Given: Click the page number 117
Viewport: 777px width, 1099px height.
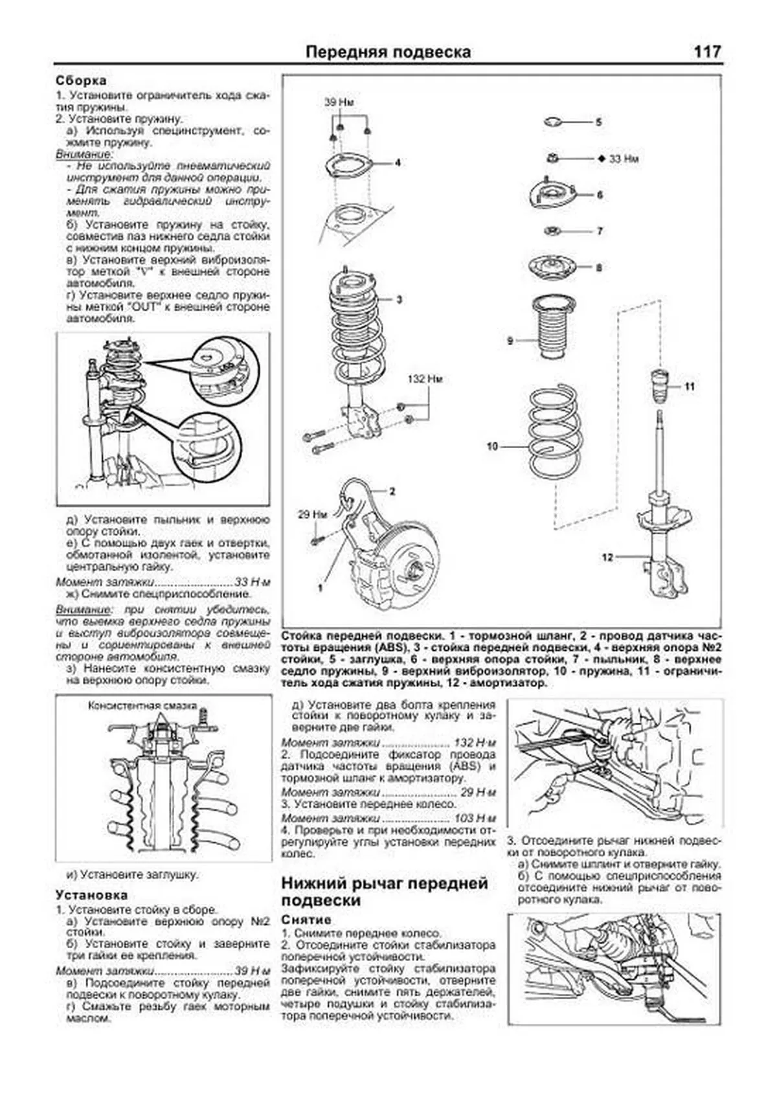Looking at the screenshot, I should [x=707, y=52].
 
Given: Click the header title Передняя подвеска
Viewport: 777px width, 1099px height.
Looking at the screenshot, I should [x=388, y=52].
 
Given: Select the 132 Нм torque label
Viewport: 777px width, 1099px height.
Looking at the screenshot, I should [x=425, y=378].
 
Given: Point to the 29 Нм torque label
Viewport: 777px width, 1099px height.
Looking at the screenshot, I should [x=313, y=514].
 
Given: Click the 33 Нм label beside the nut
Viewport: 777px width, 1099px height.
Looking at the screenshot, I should [x=624, y=158].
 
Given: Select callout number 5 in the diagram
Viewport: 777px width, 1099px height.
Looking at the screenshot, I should [x=598, y=122].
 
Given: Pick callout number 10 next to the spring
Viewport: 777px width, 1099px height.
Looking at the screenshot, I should [x=492, y=446].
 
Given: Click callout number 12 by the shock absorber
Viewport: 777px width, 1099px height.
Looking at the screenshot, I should [x=607, y=557].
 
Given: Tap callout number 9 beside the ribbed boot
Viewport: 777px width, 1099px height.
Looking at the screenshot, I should [x=510, y=340].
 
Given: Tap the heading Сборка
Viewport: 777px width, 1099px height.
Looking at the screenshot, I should [x=81, y=81].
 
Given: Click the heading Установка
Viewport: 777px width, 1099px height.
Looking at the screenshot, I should [x=91, y=896].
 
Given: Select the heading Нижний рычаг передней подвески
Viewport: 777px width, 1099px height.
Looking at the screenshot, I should [x=385, y=892].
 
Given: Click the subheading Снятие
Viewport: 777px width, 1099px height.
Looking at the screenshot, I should [x=306, y=920].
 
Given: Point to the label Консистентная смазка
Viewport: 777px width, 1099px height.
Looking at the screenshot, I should [x=141, y=706].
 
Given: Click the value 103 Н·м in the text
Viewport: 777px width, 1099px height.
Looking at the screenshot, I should [x=475, y=818].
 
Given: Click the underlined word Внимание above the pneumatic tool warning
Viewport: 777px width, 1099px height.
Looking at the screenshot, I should [x=84, y=155].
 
